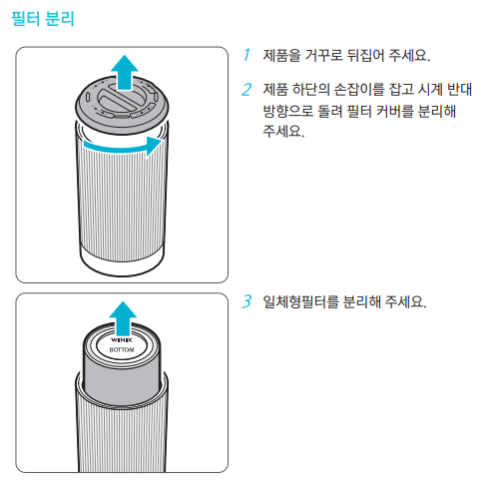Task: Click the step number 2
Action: [x=245, y=90]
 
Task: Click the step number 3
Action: [x=246, y=300]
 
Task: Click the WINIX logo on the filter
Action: [x=121, y=341]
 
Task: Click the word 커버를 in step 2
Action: [x=381, y=111]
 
